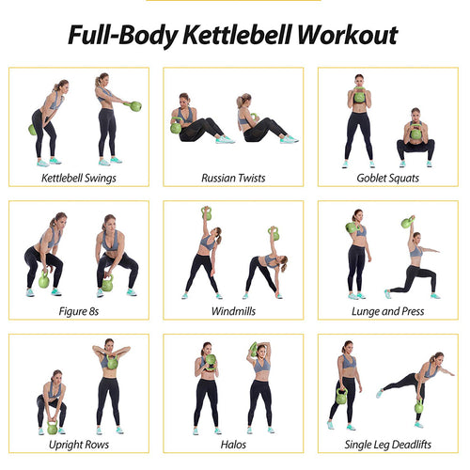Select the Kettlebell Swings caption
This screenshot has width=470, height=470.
point(78,177)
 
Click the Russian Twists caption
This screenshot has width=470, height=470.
point(234,177)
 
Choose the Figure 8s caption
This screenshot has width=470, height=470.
point(78,310)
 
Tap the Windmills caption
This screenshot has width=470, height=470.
point(234,310)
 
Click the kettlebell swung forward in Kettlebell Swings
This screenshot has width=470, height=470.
point(135,106)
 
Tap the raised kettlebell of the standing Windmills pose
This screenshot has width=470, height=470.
point(206,213)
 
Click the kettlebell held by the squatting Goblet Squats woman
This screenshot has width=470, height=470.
point(415,134)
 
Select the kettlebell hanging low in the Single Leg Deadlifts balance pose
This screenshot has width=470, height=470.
point(417,407)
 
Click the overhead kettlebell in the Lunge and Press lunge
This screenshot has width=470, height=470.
point(407,223)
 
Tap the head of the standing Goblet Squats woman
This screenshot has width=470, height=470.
point(359,82)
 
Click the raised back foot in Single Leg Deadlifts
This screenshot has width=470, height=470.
point(379,392)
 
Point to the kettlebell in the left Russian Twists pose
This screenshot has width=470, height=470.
point(176,128)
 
